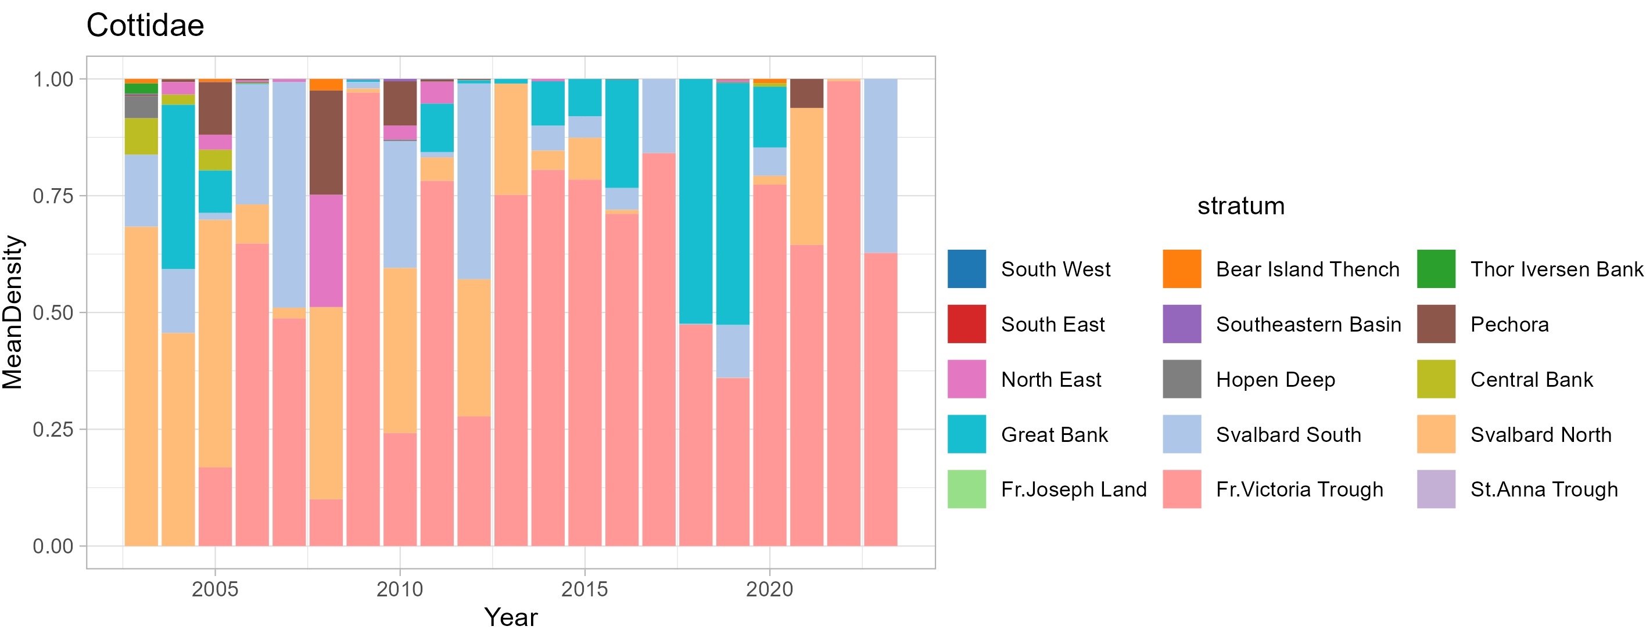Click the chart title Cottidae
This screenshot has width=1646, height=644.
point(145,26)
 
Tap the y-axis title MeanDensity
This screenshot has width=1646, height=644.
point(13,312)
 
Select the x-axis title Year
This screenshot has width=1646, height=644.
point(511,617)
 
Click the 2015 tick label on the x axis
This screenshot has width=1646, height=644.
point(584,589)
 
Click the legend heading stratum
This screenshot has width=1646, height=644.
point(1240,206)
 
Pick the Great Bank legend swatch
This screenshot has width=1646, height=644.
point(966,434)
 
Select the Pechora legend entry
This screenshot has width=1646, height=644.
point(1509,325)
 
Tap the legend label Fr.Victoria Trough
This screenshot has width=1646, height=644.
point(1299,490)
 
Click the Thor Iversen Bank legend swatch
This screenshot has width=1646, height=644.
point(1436,269)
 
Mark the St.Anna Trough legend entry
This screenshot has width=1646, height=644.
point(1544,490)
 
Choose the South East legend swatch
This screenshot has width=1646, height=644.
point(966,325)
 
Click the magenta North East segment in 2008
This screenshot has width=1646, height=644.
point(326,251)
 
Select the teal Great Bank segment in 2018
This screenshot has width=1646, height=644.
point(695,202)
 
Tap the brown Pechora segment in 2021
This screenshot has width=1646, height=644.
point(806,93)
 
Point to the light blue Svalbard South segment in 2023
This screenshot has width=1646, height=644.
point(880,166)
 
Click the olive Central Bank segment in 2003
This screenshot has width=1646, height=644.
point(141,136)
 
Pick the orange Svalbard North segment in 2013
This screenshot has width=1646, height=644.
point(511,139)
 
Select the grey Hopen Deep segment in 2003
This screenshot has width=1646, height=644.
point(141,107)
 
